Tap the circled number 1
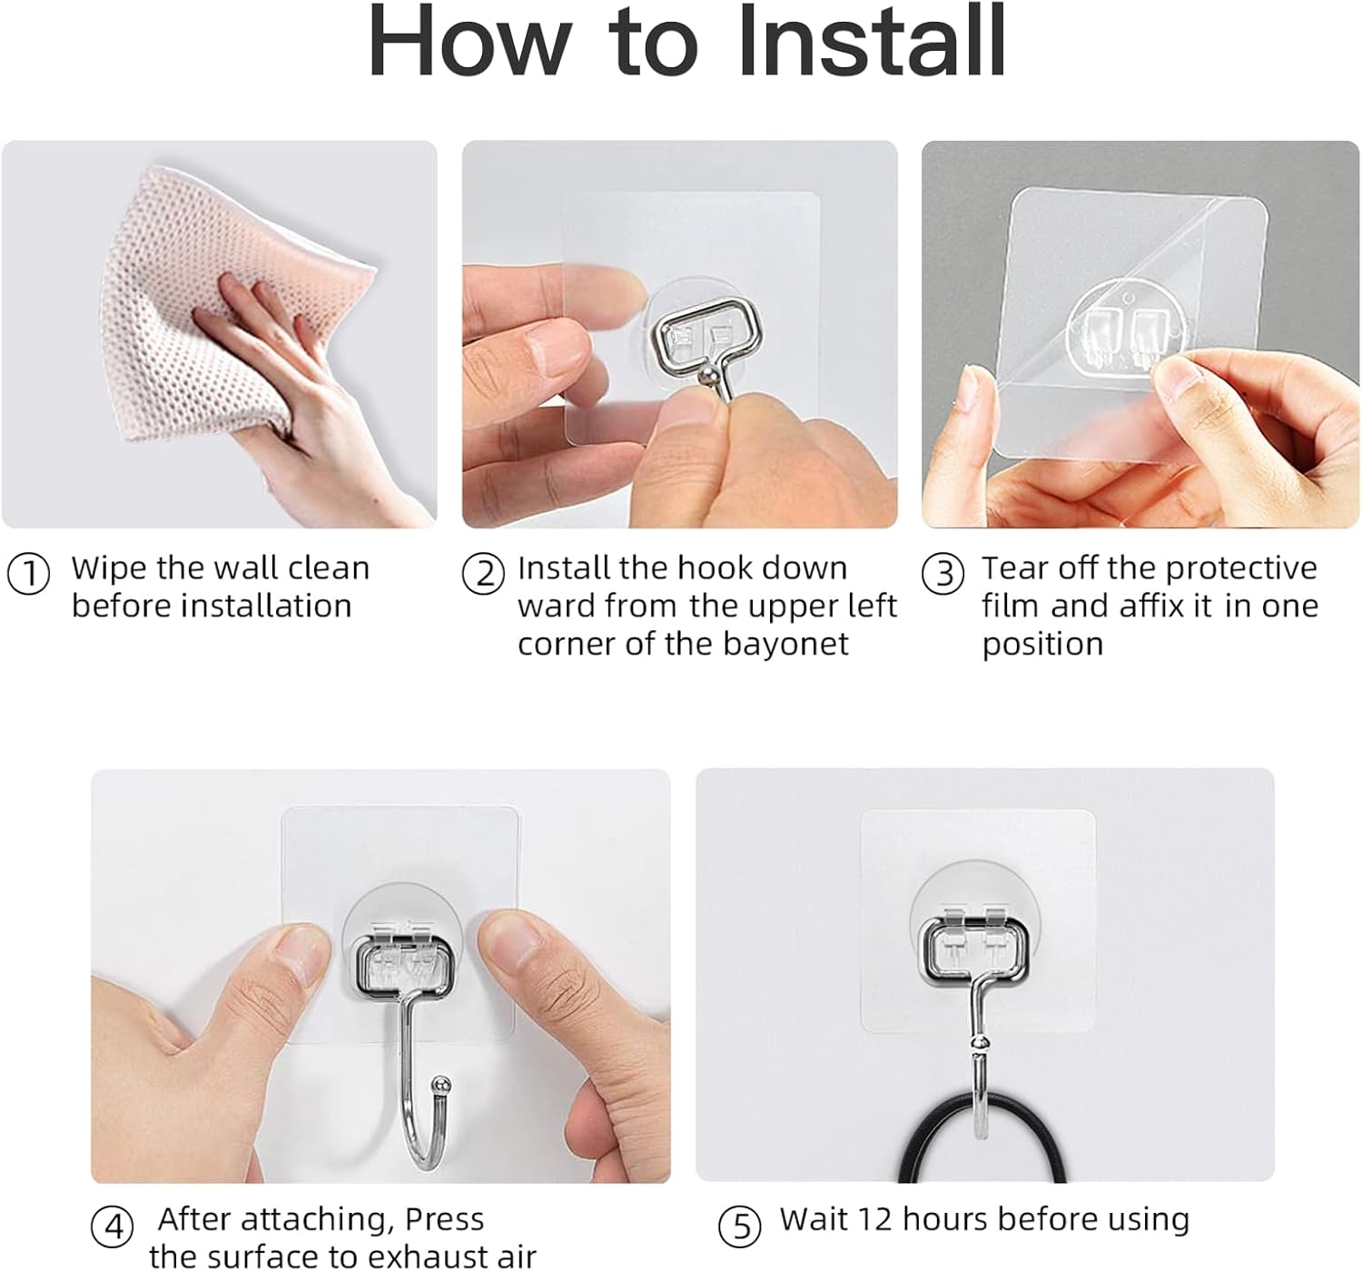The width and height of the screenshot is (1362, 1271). (28, 575)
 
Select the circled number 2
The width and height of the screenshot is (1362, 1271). (483, 575)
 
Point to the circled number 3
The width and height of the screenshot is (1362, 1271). (943, 575)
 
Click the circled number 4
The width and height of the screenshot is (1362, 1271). (113, 1227)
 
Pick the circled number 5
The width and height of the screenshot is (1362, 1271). (740, 1227)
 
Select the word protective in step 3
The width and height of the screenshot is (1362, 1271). (1240, 568)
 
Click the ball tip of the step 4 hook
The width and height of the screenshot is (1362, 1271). (440, 1084)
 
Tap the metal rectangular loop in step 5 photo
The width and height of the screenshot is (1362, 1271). (975, 952)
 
